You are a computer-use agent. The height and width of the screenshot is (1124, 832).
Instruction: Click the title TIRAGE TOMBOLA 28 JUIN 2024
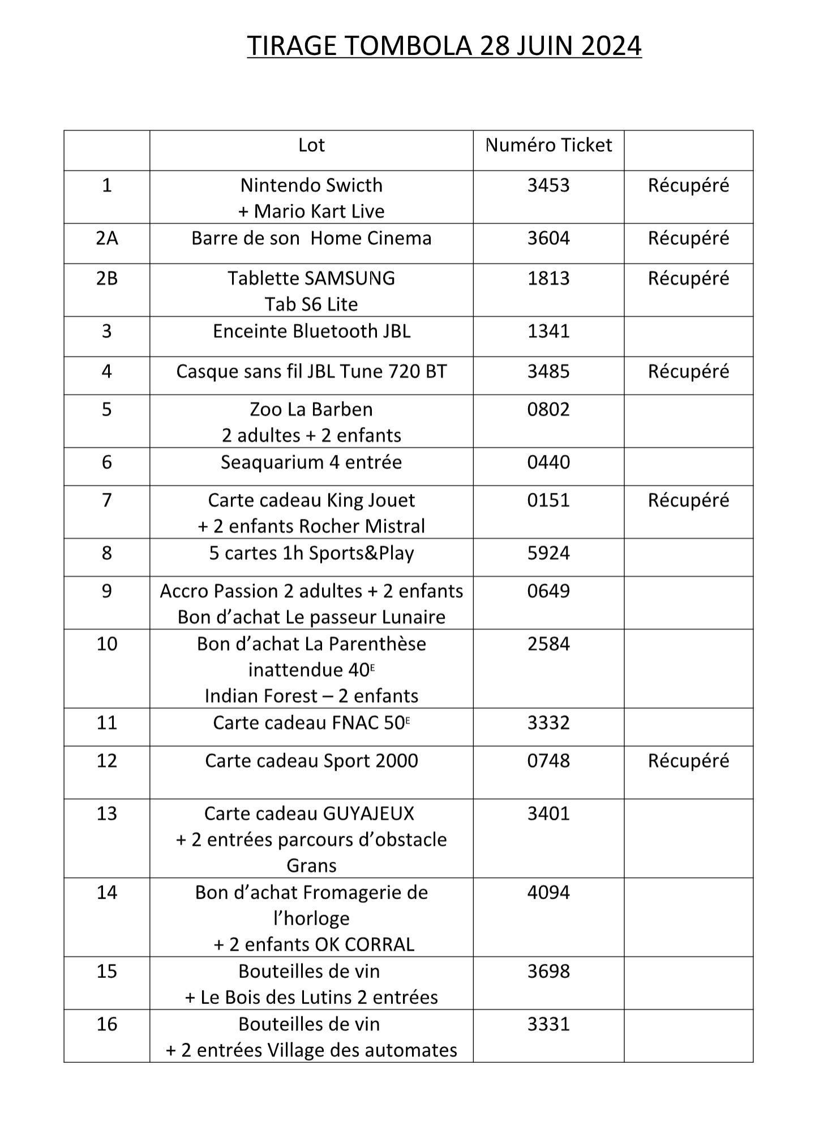[x=444, y=46]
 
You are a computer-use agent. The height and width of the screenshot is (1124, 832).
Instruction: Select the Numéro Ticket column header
[x=548, y=146]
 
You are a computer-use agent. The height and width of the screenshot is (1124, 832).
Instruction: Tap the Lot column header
[x=311, y=146]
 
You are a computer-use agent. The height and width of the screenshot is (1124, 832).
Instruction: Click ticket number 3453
[x=548, y=185]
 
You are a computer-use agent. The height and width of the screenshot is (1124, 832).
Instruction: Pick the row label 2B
[x=106, y=278]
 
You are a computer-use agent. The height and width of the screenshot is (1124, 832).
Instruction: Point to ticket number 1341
[x=548, y=331]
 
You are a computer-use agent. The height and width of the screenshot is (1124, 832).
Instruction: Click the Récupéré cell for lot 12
[x=688, y=760]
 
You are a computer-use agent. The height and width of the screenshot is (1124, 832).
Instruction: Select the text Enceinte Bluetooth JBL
[x=311, y=331]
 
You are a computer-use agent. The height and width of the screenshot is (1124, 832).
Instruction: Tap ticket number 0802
[x=548, y=409]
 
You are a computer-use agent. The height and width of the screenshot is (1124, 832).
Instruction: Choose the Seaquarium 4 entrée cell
[x=311, y=462]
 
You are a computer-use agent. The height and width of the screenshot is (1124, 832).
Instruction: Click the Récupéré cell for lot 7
[x=688, y=500]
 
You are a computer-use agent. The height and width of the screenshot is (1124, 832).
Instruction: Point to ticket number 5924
[x=548, y=553]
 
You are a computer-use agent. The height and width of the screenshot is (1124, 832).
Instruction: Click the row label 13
[x=106, y=814]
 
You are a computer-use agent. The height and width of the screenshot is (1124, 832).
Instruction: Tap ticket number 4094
[x=548, y=892]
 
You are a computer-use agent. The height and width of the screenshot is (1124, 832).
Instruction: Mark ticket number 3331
[x=548, y=1024]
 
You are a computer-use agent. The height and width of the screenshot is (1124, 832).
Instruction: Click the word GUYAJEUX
[x=368, y=814]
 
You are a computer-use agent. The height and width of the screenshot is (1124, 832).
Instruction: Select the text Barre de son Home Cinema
[x=311, y=238]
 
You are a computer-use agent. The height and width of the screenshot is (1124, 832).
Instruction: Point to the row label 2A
[x=106, y=238]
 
